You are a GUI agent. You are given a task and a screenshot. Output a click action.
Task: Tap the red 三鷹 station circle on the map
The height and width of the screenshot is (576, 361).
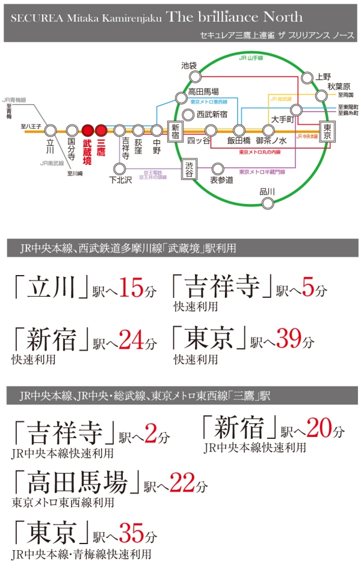[100, 129]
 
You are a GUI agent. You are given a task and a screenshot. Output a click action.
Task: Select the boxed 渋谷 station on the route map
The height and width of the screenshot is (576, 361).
[190, 170]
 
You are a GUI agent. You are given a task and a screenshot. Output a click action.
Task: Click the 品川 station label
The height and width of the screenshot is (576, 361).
[267, 192]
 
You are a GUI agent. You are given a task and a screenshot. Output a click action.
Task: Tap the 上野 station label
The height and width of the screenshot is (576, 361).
[324, 77]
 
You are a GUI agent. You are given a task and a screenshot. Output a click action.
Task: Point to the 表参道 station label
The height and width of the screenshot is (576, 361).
[221, 180]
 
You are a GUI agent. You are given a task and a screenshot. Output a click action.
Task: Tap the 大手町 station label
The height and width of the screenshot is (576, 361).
[281, 119]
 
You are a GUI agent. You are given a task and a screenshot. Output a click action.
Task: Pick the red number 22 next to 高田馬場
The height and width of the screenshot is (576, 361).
[182, 483]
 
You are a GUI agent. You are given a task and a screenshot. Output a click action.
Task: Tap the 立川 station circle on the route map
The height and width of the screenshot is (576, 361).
[51, 129]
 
